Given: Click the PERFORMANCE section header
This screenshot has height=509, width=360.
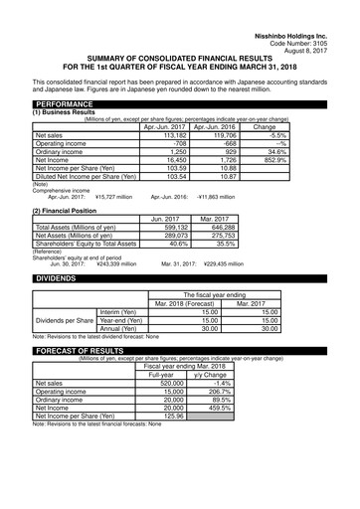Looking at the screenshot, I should pos(69,103).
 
